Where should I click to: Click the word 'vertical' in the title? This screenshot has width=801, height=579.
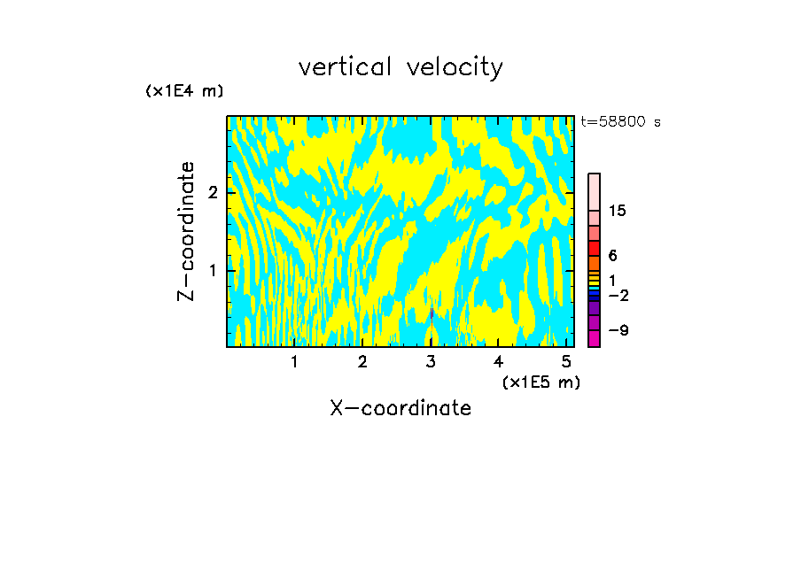(339, 67)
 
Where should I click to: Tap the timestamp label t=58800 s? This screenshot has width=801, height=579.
(620, 122)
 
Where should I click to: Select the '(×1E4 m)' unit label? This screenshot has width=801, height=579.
(184, 90)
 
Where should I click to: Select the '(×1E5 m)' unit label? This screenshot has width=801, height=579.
(540, 382)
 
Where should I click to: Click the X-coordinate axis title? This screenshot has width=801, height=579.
(400, 408)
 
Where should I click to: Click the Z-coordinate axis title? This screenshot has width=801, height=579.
(186, 231)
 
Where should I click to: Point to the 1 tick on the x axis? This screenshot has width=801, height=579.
(294, 361)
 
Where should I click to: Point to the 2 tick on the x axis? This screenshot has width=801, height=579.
(362, 361)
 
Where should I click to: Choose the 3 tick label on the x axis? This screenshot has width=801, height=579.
(431, 361)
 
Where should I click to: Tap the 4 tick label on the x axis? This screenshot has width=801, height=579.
(499, 361)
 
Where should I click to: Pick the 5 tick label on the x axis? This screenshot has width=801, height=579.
(567, 361)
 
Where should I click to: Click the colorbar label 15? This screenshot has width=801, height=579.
(618, 211)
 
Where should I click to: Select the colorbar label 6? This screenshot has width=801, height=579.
(612, 255)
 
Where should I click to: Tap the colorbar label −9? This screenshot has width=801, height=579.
(618, 330)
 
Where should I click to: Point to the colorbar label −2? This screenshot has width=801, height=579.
(618, 295)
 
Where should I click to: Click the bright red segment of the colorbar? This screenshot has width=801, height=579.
(594, 248)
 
